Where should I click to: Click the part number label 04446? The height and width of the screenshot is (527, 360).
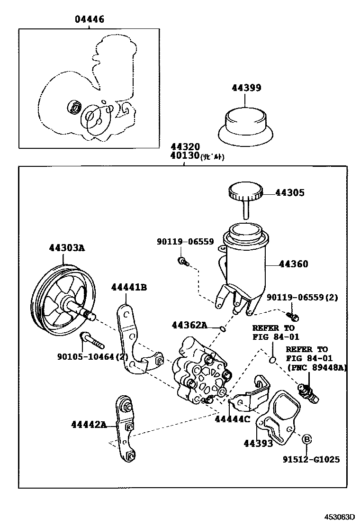89,19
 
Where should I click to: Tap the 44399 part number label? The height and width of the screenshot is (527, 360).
246,88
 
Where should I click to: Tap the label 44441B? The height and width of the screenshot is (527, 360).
129,287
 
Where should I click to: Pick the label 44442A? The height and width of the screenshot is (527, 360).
89,424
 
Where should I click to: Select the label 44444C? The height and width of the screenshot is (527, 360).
232,418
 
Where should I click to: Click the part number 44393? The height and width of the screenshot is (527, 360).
258,444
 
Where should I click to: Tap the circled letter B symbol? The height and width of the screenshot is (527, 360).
306,439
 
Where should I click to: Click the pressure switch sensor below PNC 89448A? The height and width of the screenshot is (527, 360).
307,393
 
